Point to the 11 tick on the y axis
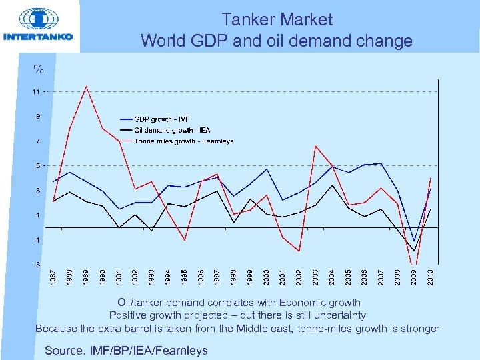click(x=37, y=91)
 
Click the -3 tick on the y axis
click(x=37, y=265)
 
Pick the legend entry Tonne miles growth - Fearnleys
click(x=183, y=141)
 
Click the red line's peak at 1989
click(x=86, y=87)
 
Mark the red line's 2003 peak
click(x=316, y=146)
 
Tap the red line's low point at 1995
click(x=185, y=240)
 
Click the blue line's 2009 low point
click(x=414, y=241)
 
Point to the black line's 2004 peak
click(x=333, y=185)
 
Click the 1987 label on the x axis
click(x=54, y=278)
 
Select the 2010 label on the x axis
click(x=431, y=278)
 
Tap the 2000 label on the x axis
click(x=267, y=278)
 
